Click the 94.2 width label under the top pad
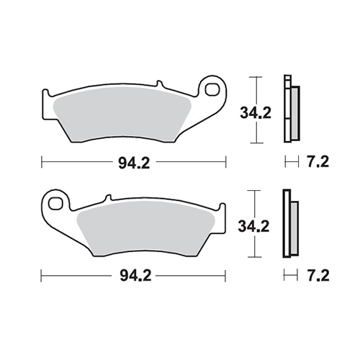[134, 163]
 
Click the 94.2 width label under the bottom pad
[135, 276]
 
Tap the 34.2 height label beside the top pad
[256, 113]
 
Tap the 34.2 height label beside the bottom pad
[253, 226]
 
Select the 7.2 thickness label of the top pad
[318, 163]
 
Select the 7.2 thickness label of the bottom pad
[318, 276]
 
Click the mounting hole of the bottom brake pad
[55, 203]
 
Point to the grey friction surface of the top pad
[122, 114]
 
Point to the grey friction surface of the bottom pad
[146, 229]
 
